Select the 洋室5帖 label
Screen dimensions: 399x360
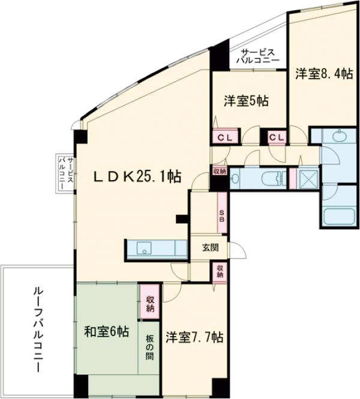click(246, 100)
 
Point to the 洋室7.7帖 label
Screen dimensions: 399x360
click(194, 337)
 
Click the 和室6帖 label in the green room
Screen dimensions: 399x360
click(106, 331)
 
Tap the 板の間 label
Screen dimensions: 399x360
click(149, 347)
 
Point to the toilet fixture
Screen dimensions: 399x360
click(272, 178)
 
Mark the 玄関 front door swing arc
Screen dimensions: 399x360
click(239, 251)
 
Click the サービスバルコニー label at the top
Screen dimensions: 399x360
click(257, 56)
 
